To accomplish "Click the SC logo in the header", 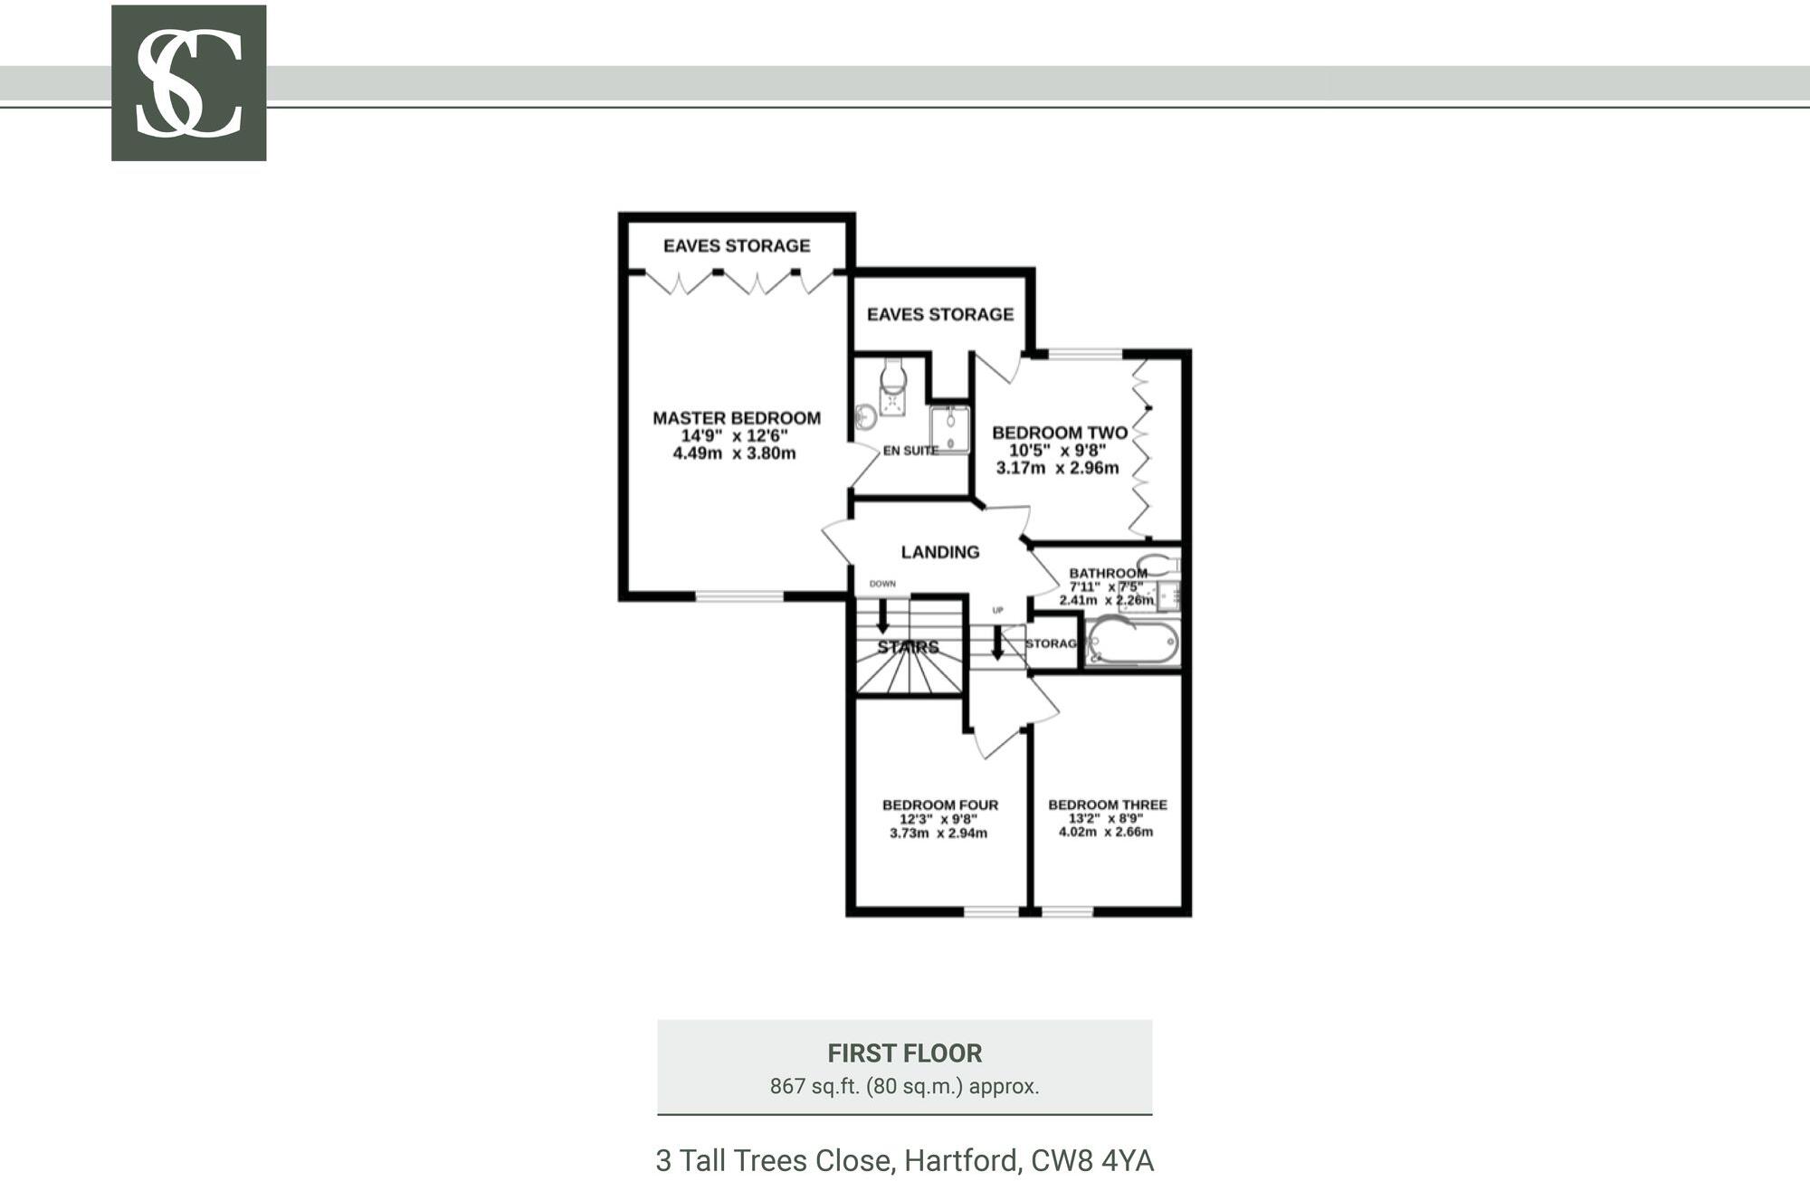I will point(188,83).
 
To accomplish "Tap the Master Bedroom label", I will point(737,418).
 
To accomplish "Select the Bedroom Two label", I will point(1060,433).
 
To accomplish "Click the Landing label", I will point(939,552).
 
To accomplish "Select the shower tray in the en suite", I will point(949,430).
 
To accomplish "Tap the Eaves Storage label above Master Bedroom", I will point(737,246).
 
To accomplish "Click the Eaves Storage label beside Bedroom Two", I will point(939,315).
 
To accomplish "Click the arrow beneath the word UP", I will point(996,643).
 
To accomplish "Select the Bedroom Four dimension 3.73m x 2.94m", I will point(938,833).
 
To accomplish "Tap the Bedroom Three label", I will point(1107,805).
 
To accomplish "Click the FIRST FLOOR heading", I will point(904,1053).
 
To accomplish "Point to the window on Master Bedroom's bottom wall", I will point(738,596).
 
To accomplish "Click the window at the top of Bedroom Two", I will point(1084,354).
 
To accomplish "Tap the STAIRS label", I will point(908,648).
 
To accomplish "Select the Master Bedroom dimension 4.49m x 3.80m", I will point(734,453).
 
